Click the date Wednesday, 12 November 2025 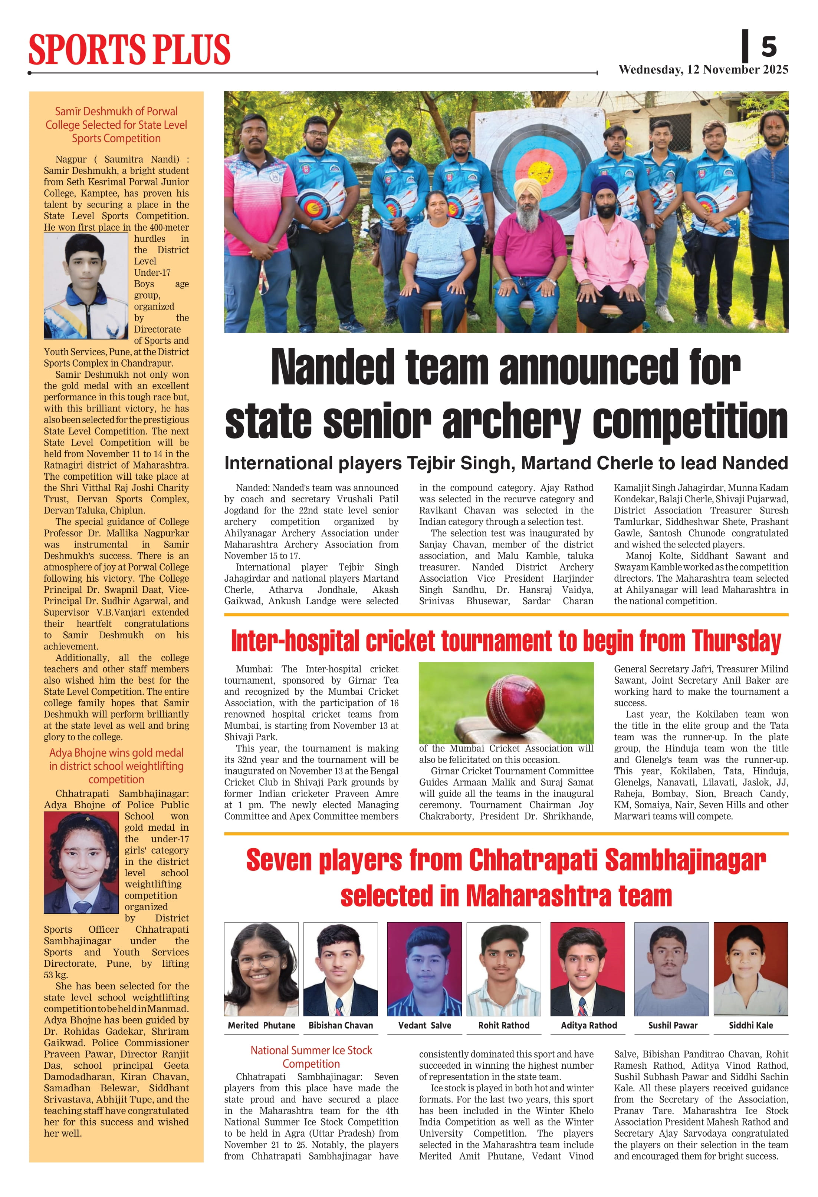tap(703, 70)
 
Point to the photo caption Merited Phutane tap(261, 1025)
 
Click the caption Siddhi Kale tap(750, 1025)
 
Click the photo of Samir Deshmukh tap(86, 286)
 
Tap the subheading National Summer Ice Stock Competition tap(311, 1057)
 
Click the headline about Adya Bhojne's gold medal tap(116, 766)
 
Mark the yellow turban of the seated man tap(528, 189)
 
